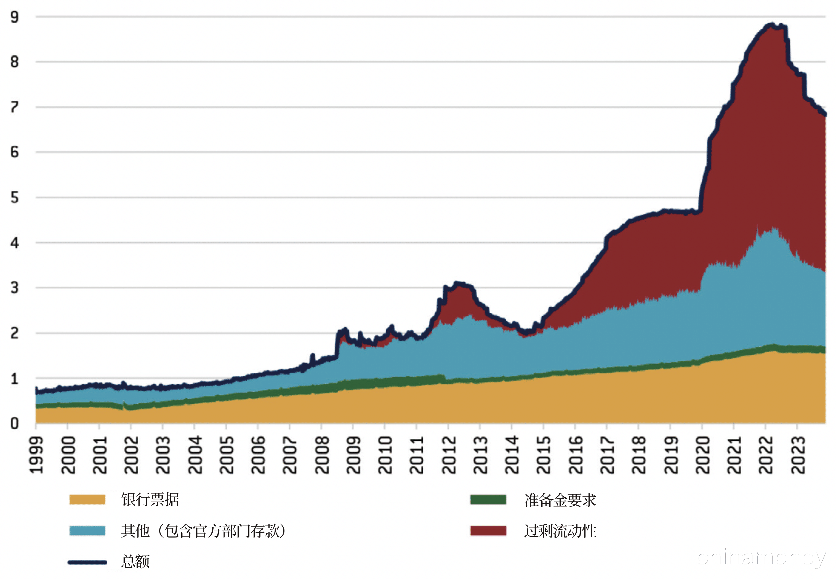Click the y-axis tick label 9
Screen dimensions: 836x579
pyautogui.click(x=15, y=17)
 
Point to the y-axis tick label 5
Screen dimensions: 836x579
pyautogui.click(x=15, y=198)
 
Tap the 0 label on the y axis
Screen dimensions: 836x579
pyautogui.click(x=15, y=423)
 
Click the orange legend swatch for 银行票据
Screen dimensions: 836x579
pyautogui.click(x=87, y=500)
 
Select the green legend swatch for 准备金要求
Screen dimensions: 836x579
pyautogui.click(x=488, y=500)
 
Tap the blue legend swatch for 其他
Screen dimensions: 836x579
pyautogui.click(x=87, y=531)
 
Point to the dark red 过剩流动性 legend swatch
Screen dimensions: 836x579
pyautogui.click(x=488, y=531)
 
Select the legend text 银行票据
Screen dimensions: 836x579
pyautogui.click(x=150, y=500)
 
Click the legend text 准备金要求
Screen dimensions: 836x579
pyautogui.click(x=560, y=500)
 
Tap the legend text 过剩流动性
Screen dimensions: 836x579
pyautogui.click(x=560, y=531)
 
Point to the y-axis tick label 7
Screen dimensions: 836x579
pyautogui.click(x=15, y=107)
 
